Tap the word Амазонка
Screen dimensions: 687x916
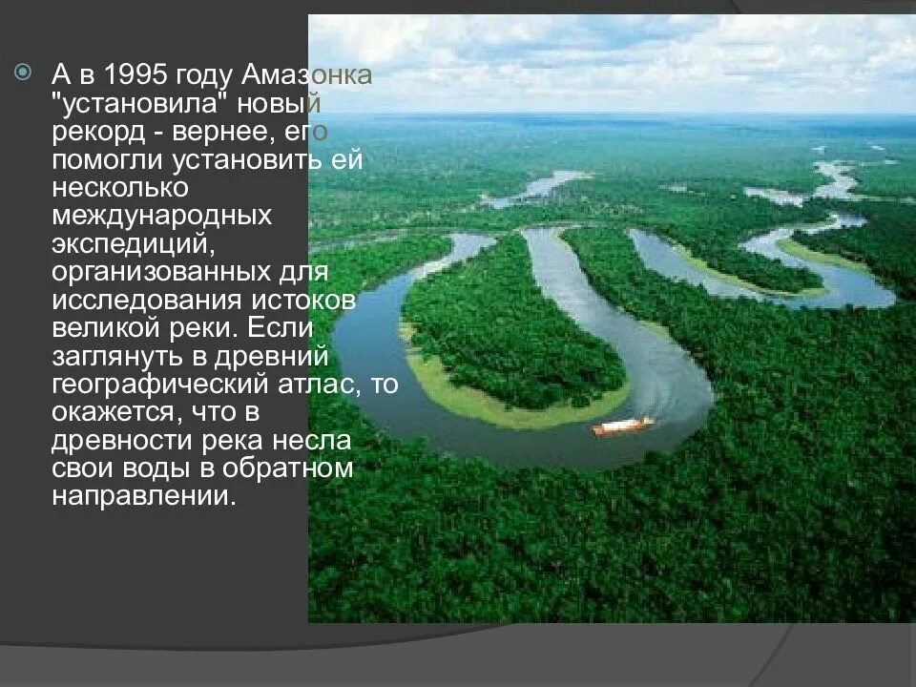point(307,75)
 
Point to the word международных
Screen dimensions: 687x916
point(162,216)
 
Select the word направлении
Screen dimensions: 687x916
point(143,498)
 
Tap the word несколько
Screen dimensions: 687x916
point(119,188)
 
